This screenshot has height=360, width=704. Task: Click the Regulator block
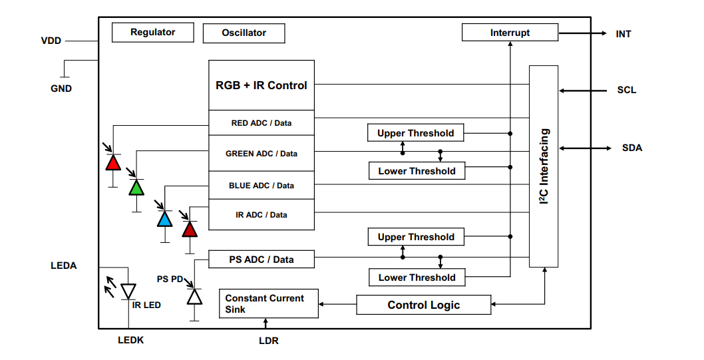click(x=152, y=32)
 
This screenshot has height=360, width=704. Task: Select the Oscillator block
click(x=244, y=33)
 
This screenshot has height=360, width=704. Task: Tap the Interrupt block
click(x=510, y=33)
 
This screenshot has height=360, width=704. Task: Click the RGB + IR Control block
click(x=262, y=85)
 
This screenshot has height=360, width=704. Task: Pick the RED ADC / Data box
click(x=262, y=123)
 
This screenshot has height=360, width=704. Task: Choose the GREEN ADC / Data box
click(x=262, y=154)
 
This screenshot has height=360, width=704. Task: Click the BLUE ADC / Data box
click(x=262, y=185)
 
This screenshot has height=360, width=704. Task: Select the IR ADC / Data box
click(x=262, y=215)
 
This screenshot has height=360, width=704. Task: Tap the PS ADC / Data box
click(x=262, y=260)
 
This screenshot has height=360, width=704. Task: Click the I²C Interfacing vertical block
click(x=544, y=166)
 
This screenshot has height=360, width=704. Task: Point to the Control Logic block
click(x=424, y=305)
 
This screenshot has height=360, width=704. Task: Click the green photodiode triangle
click(x=136, y=188)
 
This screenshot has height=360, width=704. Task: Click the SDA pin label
click(x=631, y=148)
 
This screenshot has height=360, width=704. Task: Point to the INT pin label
click(x=623, y=33)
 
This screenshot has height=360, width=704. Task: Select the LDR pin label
click(x=268, y=341)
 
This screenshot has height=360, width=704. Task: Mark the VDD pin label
click(x=51, y=41)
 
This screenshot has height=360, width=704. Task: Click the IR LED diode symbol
click(x=128, y=291)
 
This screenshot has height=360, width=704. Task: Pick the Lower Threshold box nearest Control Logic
click(x=417, y=277)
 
